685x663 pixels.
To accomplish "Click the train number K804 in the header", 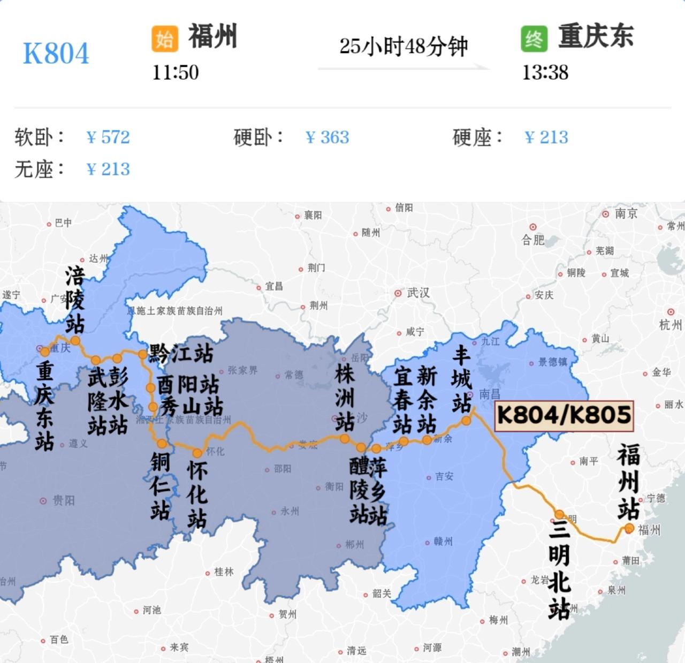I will pyautogui.click(x=56, y=54).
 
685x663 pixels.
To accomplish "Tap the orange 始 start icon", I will pyautogui.click(x=164, y=39).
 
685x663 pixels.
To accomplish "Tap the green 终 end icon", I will pyautogui.click(x=534, y=39).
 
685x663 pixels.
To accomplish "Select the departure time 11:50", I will pyautogui.click(x=176, y=72).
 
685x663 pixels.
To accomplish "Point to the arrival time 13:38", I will pyautogui.click(x=545, y=72).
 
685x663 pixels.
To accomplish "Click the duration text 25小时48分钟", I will pyautogui.click(x=404, y=47).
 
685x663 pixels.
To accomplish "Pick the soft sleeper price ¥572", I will pyautogui.click(x=108, y=138).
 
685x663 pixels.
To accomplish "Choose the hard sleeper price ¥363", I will pyautogui.click(x=327, y=138).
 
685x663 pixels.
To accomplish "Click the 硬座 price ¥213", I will pyautogui.click(x=546, y=138).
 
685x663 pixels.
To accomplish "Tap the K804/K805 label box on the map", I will pyautogui.click(x=564, y=415).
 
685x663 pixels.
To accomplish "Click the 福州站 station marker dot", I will pyautogui.click(x=629, y=529).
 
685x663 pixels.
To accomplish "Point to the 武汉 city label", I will pyautogui.click(x=418, y=293).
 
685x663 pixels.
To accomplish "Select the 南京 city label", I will pyautogui.click(x=626, y=214).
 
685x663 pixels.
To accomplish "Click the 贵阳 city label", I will pyautogui.click(x=63, y=501).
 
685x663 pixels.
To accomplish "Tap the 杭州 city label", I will pyautogui.click(x=671, y=324).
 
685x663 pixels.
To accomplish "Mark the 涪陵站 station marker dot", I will pyautogui.click(x=75, y=340).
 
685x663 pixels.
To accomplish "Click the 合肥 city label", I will pyautogui.click(x=533, y=240).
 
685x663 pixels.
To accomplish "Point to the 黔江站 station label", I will pyautogui.click(x=181, y=353).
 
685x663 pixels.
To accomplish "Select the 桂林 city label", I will pyautogui.click(x=224, y=572).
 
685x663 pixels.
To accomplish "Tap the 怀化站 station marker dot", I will pyautogui.click(x=197, y=453).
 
